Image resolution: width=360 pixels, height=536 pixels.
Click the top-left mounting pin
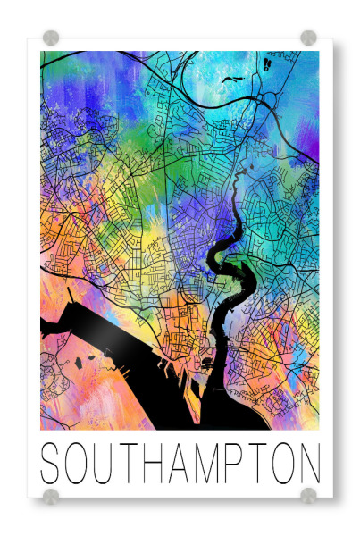[51, 38]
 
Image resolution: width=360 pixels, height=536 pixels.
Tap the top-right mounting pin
[308, 38]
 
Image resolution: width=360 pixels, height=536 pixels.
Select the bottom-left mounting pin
[51, 496]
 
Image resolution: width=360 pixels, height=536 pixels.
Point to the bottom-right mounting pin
[308, 496]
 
